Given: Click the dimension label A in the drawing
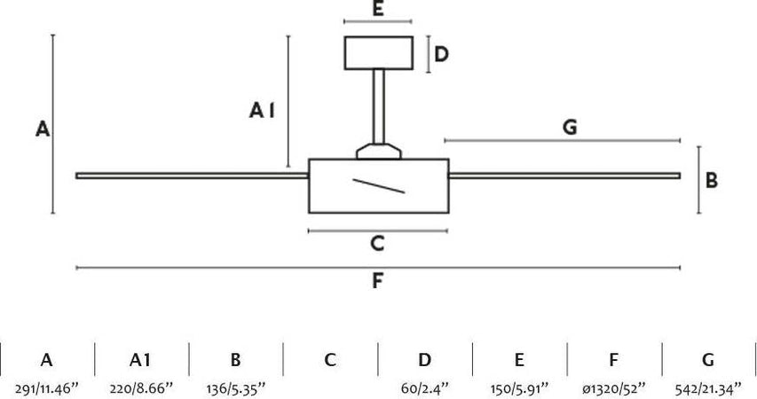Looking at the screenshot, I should click(42, 129).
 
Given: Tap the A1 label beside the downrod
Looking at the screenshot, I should click(263, 111).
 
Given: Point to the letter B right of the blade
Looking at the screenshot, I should click(712, 180).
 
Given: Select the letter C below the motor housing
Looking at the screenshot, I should click(377, 243).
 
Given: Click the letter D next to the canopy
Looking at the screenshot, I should click(441, 54).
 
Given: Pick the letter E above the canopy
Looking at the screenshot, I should click(377, 10).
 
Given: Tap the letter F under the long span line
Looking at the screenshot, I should click(377, 281).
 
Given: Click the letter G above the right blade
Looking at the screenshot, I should click(570, 128).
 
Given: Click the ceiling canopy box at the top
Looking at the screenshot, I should click(378, 52).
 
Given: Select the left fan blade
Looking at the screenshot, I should click(191, 176).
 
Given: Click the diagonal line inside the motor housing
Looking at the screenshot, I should click(379, 185).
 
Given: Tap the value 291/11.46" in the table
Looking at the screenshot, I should click(46, 387).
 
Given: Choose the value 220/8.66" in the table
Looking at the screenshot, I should click(140, 387).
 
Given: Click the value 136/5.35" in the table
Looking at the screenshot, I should click(235, 387).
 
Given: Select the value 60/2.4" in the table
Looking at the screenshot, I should click(425, 387).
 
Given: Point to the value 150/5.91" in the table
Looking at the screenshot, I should click(519, 387).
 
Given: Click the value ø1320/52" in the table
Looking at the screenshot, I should click(614, 387).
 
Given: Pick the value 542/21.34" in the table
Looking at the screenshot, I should click(708, 387).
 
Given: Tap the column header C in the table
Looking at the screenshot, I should click(330, 360).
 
